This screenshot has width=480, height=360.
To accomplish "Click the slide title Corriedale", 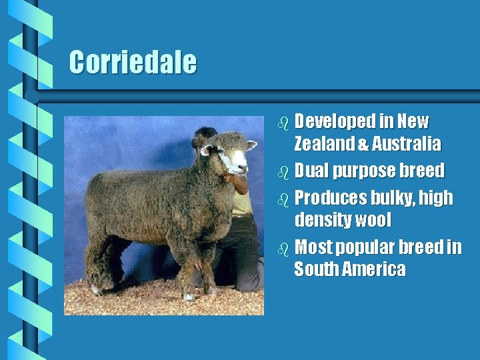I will coord(133,63).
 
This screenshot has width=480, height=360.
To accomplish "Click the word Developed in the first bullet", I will coord(335,122).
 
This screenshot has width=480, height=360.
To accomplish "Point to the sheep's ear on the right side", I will coord(251,145).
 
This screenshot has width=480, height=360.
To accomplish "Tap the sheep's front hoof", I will coord(190,296).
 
